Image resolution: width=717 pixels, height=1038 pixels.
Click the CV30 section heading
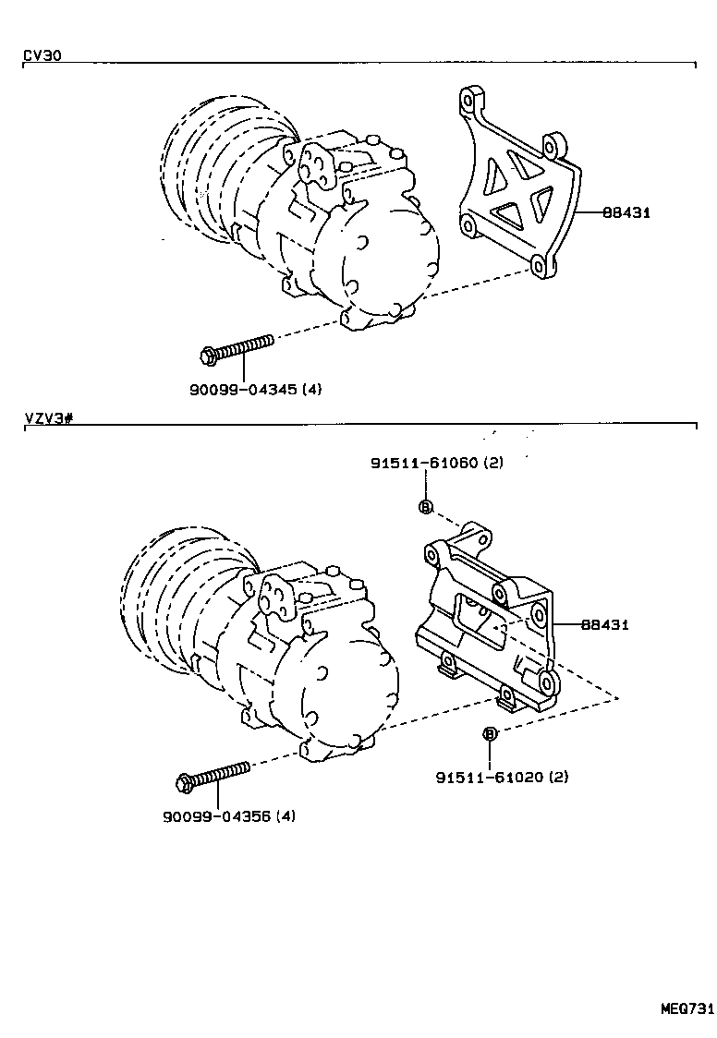tap(42, 55)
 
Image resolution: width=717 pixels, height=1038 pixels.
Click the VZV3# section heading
tap(48, 418)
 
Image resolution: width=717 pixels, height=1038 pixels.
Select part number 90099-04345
tap(242, 390)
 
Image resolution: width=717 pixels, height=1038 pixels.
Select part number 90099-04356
tap(216, 815)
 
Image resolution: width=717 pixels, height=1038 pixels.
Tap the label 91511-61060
tap(424, 463)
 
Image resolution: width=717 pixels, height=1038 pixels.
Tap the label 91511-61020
tap(490, 777)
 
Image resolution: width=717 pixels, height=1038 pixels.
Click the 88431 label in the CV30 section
tap(626, 212)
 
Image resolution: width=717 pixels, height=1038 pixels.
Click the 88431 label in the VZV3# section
tap(604, 625)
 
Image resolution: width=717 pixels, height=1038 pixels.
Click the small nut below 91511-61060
tap(425, 506)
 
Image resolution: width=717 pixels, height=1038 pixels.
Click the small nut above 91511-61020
tap(491, 733)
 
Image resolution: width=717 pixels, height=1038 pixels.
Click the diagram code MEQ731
tap(687, 1008)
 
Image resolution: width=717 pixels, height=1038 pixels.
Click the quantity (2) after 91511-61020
tap(559, 777)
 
